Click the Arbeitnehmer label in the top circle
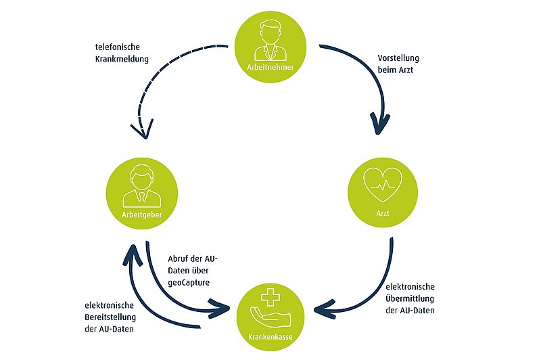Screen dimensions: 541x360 [270, 67]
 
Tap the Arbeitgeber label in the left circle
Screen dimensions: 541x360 [142, 215]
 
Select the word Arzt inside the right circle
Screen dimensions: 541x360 [383, 213]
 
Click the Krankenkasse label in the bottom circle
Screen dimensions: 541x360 [270, 337]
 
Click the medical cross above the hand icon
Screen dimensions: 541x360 [270, 297]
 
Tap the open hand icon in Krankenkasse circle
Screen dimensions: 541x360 [270, 318]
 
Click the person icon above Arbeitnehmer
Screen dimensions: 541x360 [270, 41]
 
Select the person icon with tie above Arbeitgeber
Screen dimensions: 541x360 [141, 186]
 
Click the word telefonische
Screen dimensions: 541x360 [118, 47]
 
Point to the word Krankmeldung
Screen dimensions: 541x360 [122, 59]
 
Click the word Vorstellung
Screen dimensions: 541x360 [398, 58]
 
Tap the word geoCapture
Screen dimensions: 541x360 [189, 283]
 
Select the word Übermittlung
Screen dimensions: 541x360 [410, 298]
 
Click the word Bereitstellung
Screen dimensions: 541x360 [110, 317]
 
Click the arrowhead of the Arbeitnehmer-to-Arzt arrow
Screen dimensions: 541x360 [379, 124]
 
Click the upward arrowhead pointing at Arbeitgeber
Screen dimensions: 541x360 [133, 254]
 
